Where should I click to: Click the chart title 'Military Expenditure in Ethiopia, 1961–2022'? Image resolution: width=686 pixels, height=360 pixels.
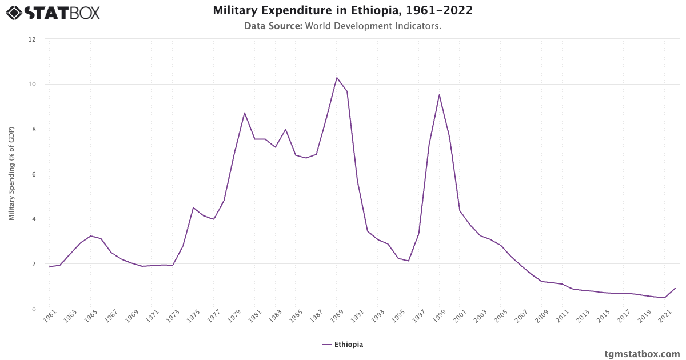342,11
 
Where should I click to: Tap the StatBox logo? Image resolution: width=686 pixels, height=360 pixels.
53,12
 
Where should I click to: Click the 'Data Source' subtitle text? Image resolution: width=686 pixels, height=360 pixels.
342,26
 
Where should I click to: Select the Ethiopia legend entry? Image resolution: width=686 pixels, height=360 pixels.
342,344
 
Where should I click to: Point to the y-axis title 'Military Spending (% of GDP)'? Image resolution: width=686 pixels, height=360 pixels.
11,174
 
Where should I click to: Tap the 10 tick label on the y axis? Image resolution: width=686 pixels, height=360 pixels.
32,85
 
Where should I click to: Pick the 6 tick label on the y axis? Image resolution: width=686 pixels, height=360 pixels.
34,174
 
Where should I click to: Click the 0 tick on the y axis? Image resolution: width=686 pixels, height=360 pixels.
34,309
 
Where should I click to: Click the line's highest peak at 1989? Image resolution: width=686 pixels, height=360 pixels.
337,78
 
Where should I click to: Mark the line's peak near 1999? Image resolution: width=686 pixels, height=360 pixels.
439,95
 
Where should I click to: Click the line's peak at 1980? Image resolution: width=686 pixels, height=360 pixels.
245,113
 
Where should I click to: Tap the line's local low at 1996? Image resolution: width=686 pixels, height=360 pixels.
408,261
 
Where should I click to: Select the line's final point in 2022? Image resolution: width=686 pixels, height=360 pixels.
675,289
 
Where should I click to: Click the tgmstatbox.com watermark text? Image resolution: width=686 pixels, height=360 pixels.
642,353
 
